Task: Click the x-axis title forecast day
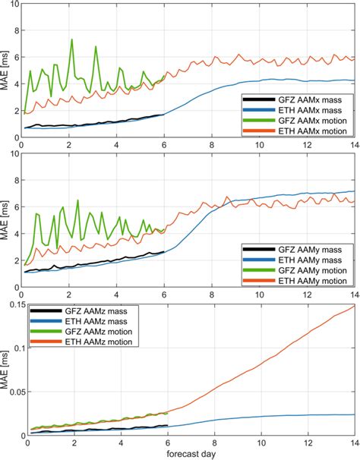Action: click(x=191, y=454)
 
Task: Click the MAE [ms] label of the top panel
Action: click(x=6, y=71)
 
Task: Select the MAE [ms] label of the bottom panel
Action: click(x=6, y=370)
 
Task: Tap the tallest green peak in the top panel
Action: click(x=72, y=39)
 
